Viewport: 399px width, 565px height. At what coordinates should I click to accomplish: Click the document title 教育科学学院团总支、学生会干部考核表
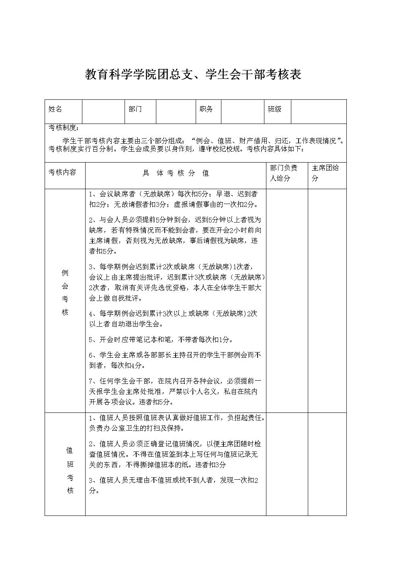(x=193, y=75)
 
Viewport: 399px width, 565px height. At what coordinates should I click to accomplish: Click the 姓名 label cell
(x=55, y=109)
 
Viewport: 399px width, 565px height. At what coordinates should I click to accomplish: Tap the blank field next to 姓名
(x=103, y=111)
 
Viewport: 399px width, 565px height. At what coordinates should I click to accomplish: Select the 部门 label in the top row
(x=135, y=109)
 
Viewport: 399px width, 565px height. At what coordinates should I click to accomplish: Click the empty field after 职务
(x=242, y=111)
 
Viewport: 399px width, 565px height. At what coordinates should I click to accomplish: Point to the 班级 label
(x=274, y=109)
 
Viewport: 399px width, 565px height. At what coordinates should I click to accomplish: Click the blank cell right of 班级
(x=318, y=111)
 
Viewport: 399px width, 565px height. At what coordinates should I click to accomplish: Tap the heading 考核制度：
(x=64, y=128)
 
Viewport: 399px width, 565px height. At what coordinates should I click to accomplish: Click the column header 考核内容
(x=62, y=172)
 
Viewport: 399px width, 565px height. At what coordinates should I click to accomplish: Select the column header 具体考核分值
(x=176, y=173)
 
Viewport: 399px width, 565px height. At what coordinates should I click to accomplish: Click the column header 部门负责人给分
(x=284, y=173)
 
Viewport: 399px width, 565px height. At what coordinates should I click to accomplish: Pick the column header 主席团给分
(x=325, y=173)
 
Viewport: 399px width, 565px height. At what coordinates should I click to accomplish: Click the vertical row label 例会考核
(x=65, y=293)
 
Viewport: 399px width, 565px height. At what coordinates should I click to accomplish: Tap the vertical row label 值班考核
(x=70, y=470)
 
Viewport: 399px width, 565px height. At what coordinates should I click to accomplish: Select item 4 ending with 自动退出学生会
(x=173, y=318)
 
